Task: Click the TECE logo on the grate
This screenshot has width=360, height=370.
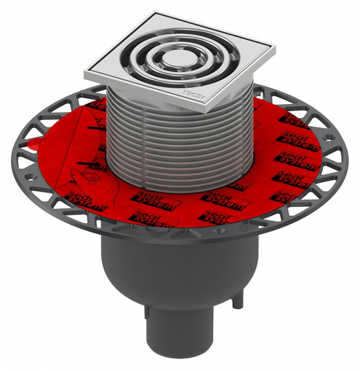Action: (x=191, y=94)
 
